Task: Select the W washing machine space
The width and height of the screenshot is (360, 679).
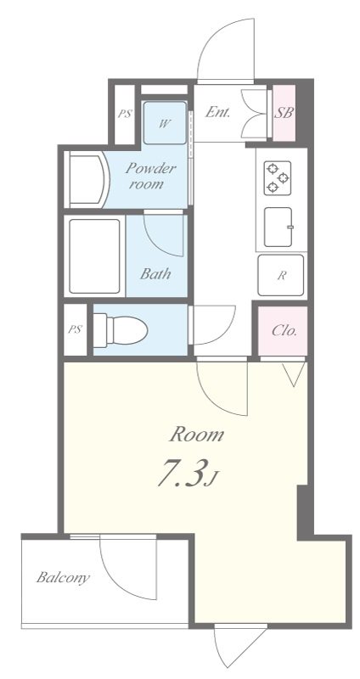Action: (x=165, y=123)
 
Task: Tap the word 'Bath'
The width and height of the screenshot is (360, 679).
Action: (x=155, y=273)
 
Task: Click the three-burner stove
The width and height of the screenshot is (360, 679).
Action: (x=278, y=177)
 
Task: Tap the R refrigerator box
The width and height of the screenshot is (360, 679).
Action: (x=281, y=274)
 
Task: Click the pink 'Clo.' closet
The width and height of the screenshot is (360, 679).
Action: (x=284, y=330)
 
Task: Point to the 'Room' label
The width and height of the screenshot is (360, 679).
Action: (x=196, y=435)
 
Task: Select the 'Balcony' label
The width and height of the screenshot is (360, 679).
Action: (x=63, y=579)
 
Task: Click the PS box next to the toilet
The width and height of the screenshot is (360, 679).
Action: (x=76, y=329)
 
